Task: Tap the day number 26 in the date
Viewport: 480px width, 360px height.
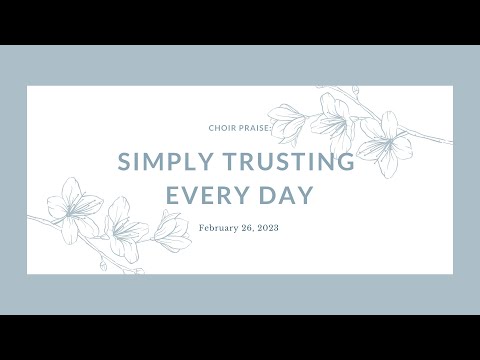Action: click(250, 227)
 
